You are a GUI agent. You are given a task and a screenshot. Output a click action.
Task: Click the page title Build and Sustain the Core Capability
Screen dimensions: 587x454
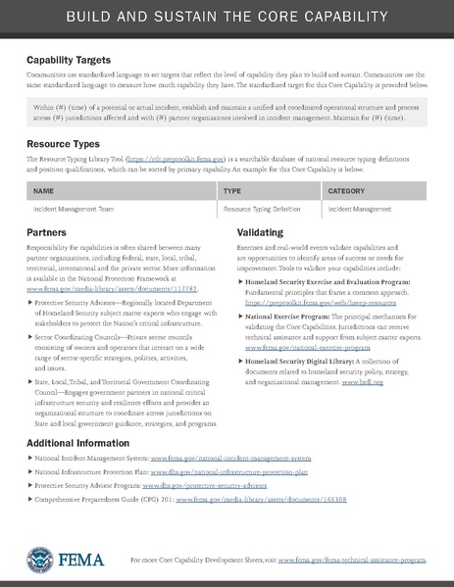(227, 20)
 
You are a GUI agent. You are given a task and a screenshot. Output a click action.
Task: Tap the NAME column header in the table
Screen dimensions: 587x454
(43, 192)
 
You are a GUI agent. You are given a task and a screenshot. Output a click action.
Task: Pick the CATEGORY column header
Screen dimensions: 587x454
(346, 192)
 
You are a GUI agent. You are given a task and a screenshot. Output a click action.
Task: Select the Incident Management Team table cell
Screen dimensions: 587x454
(71, 209)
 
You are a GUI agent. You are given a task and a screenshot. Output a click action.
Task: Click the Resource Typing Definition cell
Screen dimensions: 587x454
(268, 209)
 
